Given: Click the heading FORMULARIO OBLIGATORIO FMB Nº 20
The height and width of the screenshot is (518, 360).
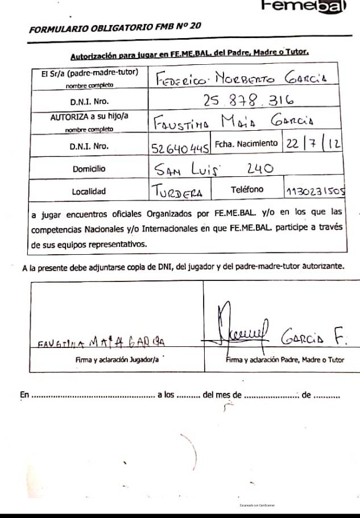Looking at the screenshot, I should (114, 27).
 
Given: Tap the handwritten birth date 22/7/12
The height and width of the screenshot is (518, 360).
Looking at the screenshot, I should (313, 144).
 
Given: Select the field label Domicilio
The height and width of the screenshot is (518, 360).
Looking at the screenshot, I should (89, 168).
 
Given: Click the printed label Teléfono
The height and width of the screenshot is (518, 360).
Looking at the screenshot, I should (247, 189).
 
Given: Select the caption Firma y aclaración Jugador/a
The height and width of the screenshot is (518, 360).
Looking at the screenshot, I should (117, 359).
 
